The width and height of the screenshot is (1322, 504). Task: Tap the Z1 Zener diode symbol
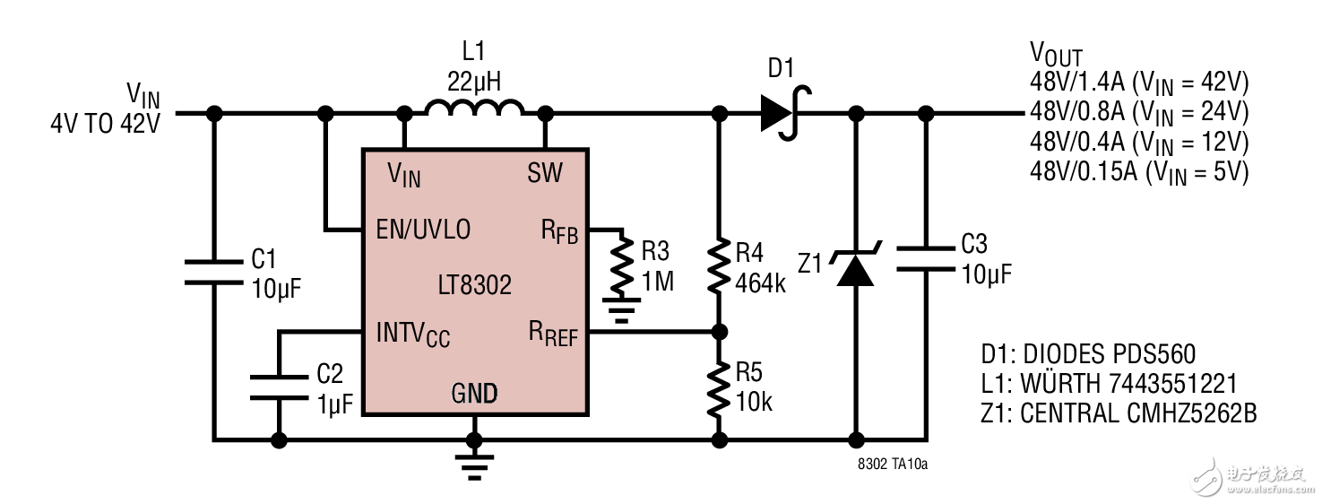pos(855,269)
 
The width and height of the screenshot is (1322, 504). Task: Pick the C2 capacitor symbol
pos(279,387)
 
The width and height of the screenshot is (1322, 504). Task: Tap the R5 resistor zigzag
pos(718,387)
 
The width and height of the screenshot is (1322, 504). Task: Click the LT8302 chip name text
pos(474,284)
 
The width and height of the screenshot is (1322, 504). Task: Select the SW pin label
pos(545,171)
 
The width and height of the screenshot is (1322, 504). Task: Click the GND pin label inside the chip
pos(474,393)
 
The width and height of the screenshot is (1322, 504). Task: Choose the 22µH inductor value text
pos(474,83)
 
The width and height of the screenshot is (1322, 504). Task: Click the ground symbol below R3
pos(619,314)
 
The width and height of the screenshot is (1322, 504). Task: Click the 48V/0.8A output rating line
pos(1138,112)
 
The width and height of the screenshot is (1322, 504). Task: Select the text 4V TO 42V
pos(105,125)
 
